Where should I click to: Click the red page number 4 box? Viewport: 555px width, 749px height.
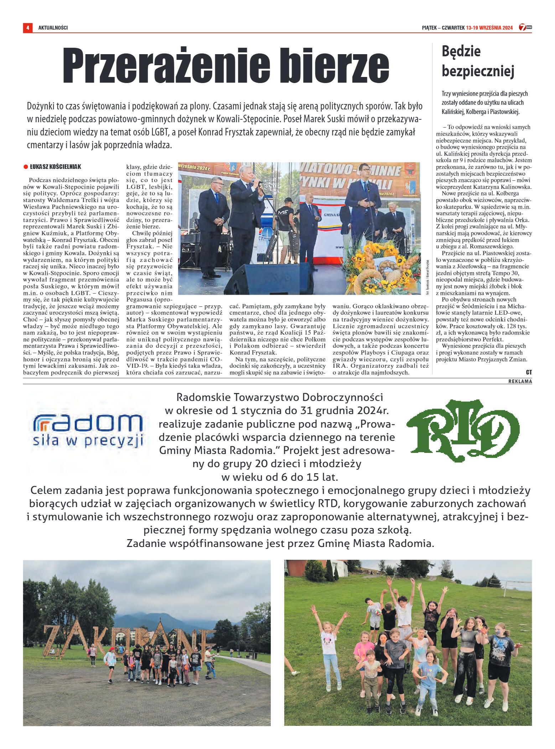click(27, 27)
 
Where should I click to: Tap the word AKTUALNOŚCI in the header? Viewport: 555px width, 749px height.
click(53, 28)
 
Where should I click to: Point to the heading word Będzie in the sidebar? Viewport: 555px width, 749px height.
click(461, 51)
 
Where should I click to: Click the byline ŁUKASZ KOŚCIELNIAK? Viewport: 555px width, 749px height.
click(55, 167)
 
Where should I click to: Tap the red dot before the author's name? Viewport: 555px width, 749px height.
click(26, 167)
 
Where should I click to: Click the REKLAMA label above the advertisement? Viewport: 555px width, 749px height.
click(520, 381)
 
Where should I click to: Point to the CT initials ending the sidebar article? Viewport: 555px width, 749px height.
click(529, 372)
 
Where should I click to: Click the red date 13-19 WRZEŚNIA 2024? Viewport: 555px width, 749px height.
click(489, 28)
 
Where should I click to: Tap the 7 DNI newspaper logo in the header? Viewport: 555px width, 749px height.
click(525, 27)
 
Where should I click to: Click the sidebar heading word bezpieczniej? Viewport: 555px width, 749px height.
click(478, 71)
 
